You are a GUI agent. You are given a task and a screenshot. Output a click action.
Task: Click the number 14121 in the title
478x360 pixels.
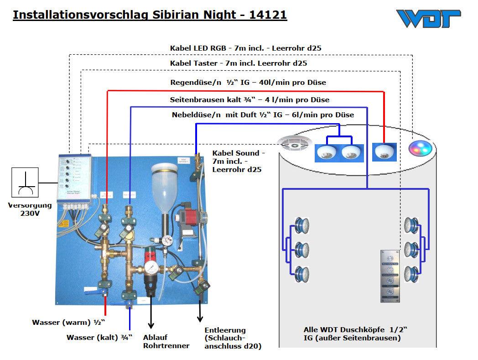click(268, 15)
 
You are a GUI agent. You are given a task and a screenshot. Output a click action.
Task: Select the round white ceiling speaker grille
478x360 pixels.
click(294, 145)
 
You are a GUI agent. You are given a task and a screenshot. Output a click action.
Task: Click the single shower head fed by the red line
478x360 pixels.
click(384, 153)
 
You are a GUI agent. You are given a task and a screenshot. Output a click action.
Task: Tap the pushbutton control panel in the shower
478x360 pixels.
click(389, 276)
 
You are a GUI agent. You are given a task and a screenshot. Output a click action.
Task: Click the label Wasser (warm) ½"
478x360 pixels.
click(68, 323)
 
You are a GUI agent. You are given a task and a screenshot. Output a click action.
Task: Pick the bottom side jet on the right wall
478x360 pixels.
click(412, 274)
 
